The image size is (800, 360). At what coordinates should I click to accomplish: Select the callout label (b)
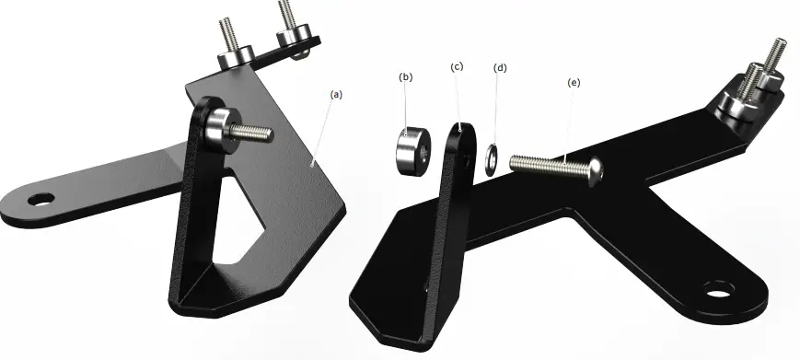(x=406, y=76)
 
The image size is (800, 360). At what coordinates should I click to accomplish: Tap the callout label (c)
(x=457, y=67)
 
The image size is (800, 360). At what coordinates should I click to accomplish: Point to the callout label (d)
(x=500, y=67)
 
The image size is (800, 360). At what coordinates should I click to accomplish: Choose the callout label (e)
(x=574, y=83)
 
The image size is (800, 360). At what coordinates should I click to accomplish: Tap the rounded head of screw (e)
(x=595, y=170)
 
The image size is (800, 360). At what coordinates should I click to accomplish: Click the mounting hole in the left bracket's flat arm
(x=40, y=198)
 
